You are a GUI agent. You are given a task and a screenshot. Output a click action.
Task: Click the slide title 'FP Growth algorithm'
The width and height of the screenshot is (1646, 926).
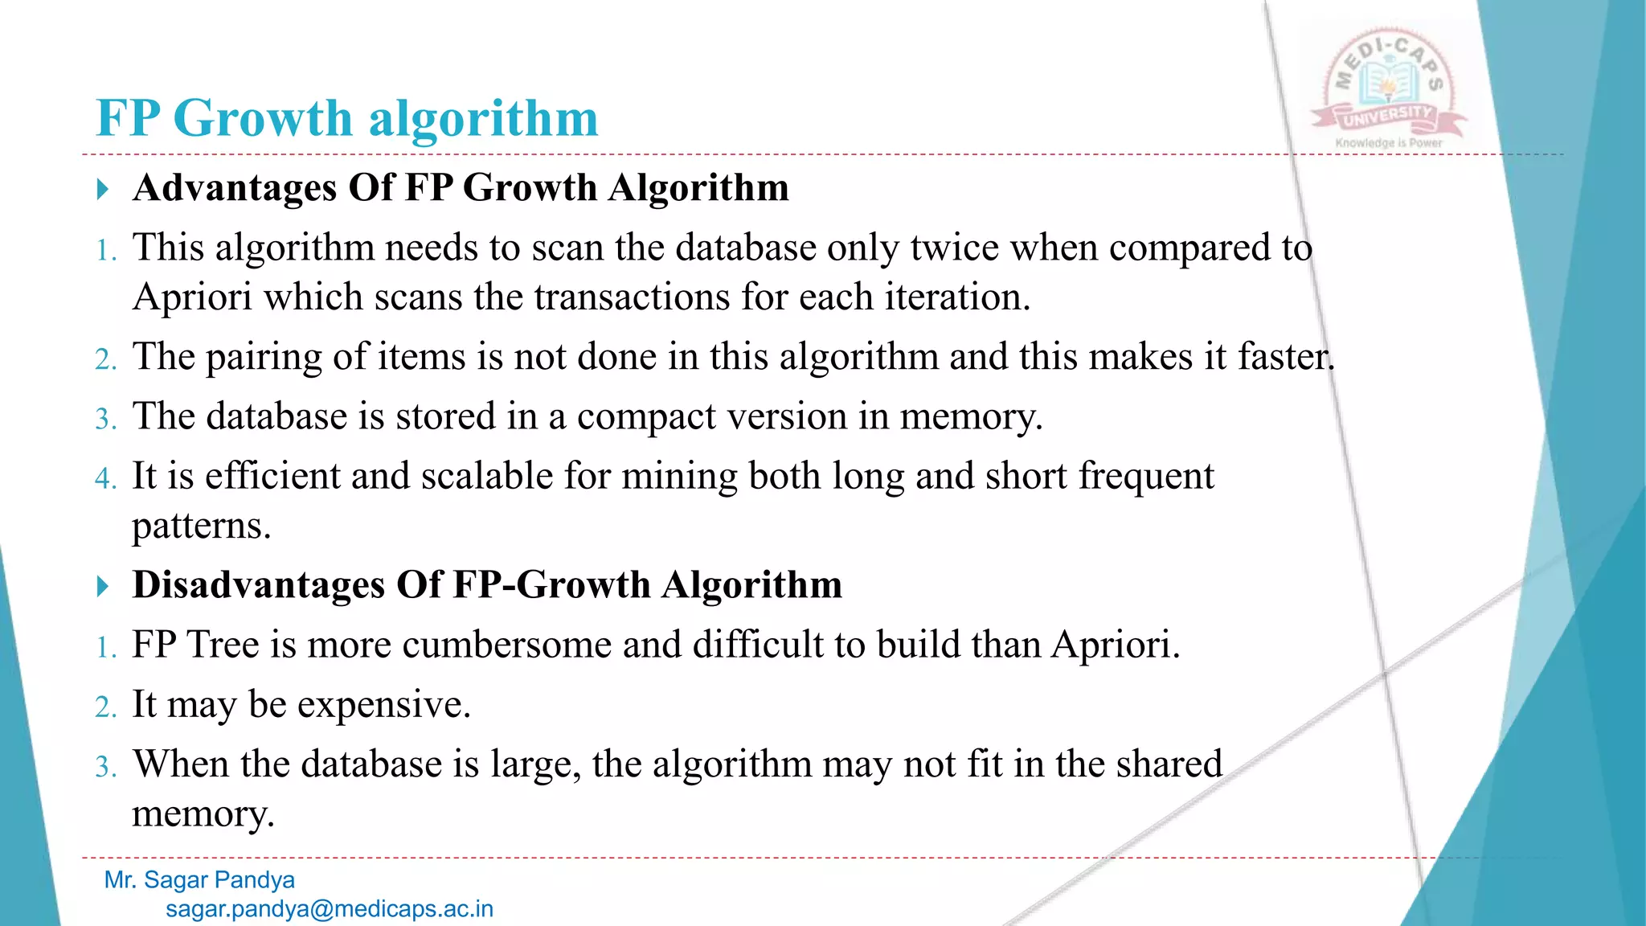click(347, 118)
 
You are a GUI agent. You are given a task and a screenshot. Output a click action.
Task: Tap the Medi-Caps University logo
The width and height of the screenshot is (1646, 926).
click(1388, 87)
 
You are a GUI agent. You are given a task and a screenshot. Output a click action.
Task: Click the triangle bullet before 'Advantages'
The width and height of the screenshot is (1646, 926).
click(102, 190)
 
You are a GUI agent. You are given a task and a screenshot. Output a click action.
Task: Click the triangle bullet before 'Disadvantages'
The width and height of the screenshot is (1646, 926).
click(102, 586)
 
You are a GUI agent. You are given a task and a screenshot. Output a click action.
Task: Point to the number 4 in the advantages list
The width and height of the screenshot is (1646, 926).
click(105, 478)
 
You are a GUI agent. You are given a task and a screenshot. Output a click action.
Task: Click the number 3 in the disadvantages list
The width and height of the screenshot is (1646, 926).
click(105, 766)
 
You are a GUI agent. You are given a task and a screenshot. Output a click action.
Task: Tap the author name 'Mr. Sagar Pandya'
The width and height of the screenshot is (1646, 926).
click(199, 880)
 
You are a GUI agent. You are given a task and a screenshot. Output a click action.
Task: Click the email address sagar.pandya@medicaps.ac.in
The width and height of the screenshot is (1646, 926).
click(330, 909)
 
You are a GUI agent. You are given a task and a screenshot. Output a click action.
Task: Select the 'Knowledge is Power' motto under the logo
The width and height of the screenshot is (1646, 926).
click(1389, 143)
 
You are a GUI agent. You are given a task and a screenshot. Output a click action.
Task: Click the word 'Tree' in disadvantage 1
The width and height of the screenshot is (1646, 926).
click(223, 645)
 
